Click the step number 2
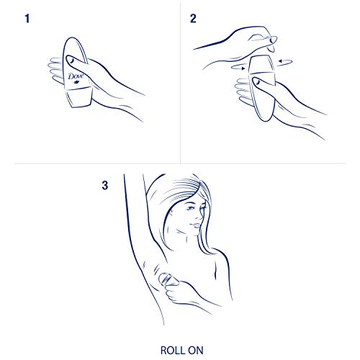(193, 19)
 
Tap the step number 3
(106, 186)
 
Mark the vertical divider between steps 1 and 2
(180, 72)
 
